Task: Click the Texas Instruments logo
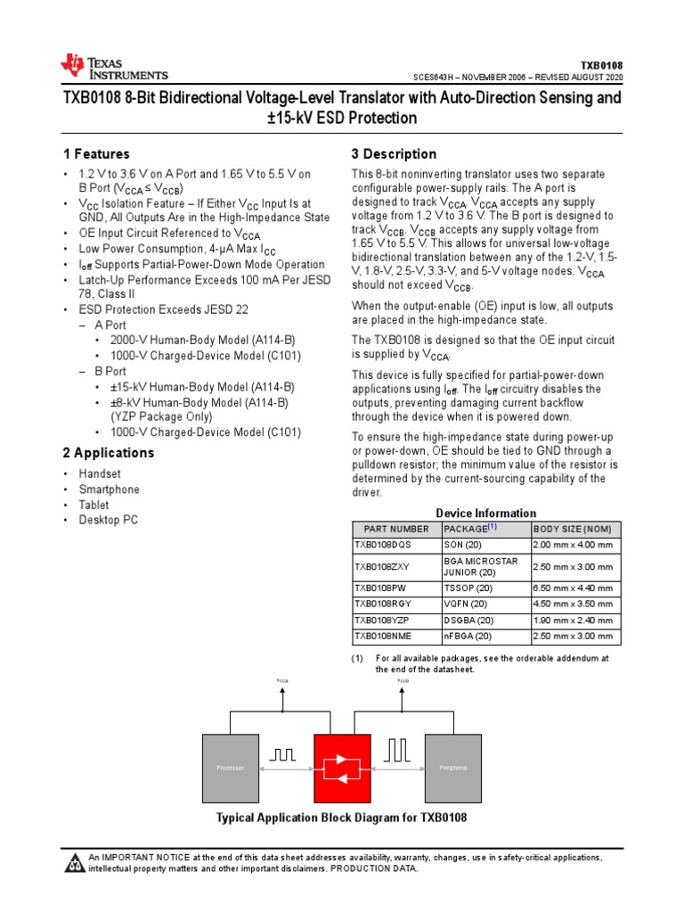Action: (113, 67)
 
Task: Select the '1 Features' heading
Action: (96, 153)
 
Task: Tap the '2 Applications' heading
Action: (109, 452)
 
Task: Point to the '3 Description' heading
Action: (395, 153)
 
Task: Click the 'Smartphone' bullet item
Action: (110, 489)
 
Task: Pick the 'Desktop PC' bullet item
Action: (109, 520)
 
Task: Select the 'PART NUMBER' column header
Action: (391, 529)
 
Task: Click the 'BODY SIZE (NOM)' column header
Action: (572, 529)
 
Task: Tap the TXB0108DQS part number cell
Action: (385, 545)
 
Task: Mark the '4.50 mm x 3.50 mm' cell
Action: (572, 605)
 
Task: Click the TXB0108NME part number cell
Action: (385, 637)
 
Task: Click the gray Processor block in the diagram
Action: (230, 768)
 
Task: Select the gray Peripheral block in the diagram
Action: (452, 768)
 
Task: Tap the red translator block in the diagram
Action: (341, 768)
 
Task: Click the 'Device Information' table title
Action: (485, 513)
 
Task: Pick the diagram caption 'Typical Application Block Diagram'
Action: (342, 818)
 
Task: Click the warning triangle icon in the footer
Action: (74, 862)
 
